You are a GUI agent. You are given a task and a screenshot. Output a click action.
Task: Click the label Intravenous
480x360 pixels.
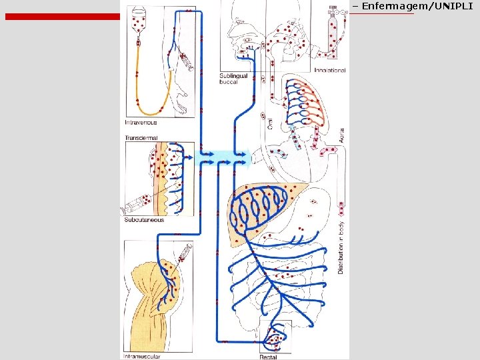click(x=141, y=123)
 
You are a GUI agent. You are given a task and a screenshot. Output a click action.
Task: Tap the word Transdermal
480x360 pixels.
click(x=141, y=138)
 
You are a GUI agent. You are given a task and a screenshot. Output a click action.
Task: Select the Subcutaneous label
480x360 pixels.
click(x=144, y=220)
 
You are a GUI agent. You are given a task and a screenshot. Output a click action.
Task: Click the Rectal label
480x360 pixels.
click(x=269, y=357)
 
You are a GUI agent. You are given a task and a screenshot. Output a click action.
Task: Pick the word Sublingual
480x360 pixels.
click(x=233, y=76)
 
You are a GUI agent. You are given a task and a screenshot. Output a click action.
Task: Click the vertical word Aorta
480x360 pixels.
click(x=342, y=135)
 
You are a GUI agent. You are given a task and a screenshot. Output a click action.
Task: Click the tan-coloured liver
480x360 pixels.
click(x=257, y=207)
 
